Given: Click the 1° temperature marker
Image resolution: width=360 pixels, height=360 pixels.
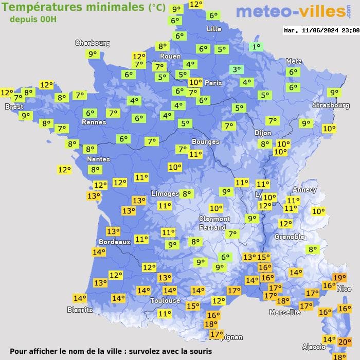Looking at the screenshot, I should coord(256,47).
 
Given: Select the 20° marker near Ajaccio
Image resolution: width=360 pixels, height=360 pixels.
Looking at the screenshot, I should coord(344,341).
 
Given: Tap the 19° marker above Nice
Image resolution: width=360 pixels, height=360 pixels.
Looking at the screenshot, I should coord(339,278).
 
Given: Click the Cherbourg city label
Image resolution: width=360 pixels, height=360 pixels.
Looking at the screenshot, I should coord(93,43).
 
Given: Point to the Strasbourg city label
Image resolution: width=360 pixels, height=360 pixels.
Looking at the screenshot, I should coord(331,105).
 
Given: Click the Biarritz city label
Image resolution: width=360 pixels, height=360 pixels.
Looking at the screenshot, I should coord(80,310).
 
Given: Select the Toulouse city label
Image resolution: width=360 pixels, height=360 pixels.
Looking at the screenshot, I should coord(165,300).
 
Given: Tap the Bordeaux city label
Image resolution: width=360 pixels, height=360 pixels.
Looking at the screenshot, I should coord(114,242).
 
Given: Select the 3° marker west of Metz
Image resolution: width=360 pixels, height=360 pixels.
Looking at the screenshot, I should coord(236,69).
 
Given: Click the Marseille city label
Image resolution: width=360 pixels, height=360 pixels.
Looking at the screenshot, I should coord(285,312).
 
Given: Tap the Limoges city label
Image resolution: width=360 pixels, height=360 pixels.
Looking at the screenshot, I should coord(165,193).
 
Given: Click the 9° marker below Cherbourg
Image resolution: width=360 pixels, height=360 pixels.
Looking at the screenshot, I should coord(93,54).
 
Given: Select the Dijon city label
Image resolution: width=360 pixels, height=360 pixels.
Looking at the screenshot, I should coord(263,133).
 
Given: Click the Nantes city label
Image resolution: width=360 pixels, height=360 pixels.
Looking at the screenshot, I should coord(98,159).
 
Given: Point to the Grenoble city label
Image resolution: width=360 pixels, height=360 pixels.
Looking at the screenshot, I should coord(290,237).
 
